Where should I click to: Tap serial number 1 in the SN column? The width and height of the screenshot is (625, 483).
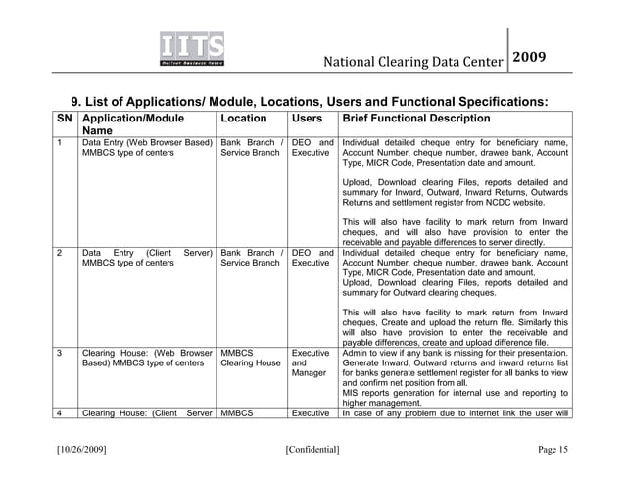tap(61, 146)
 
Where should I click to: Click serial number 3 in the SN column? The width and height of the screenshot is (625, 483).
tap(61, 351)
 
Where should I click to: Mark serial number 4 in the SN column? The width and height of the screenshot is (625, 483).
tap(61, 412)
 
